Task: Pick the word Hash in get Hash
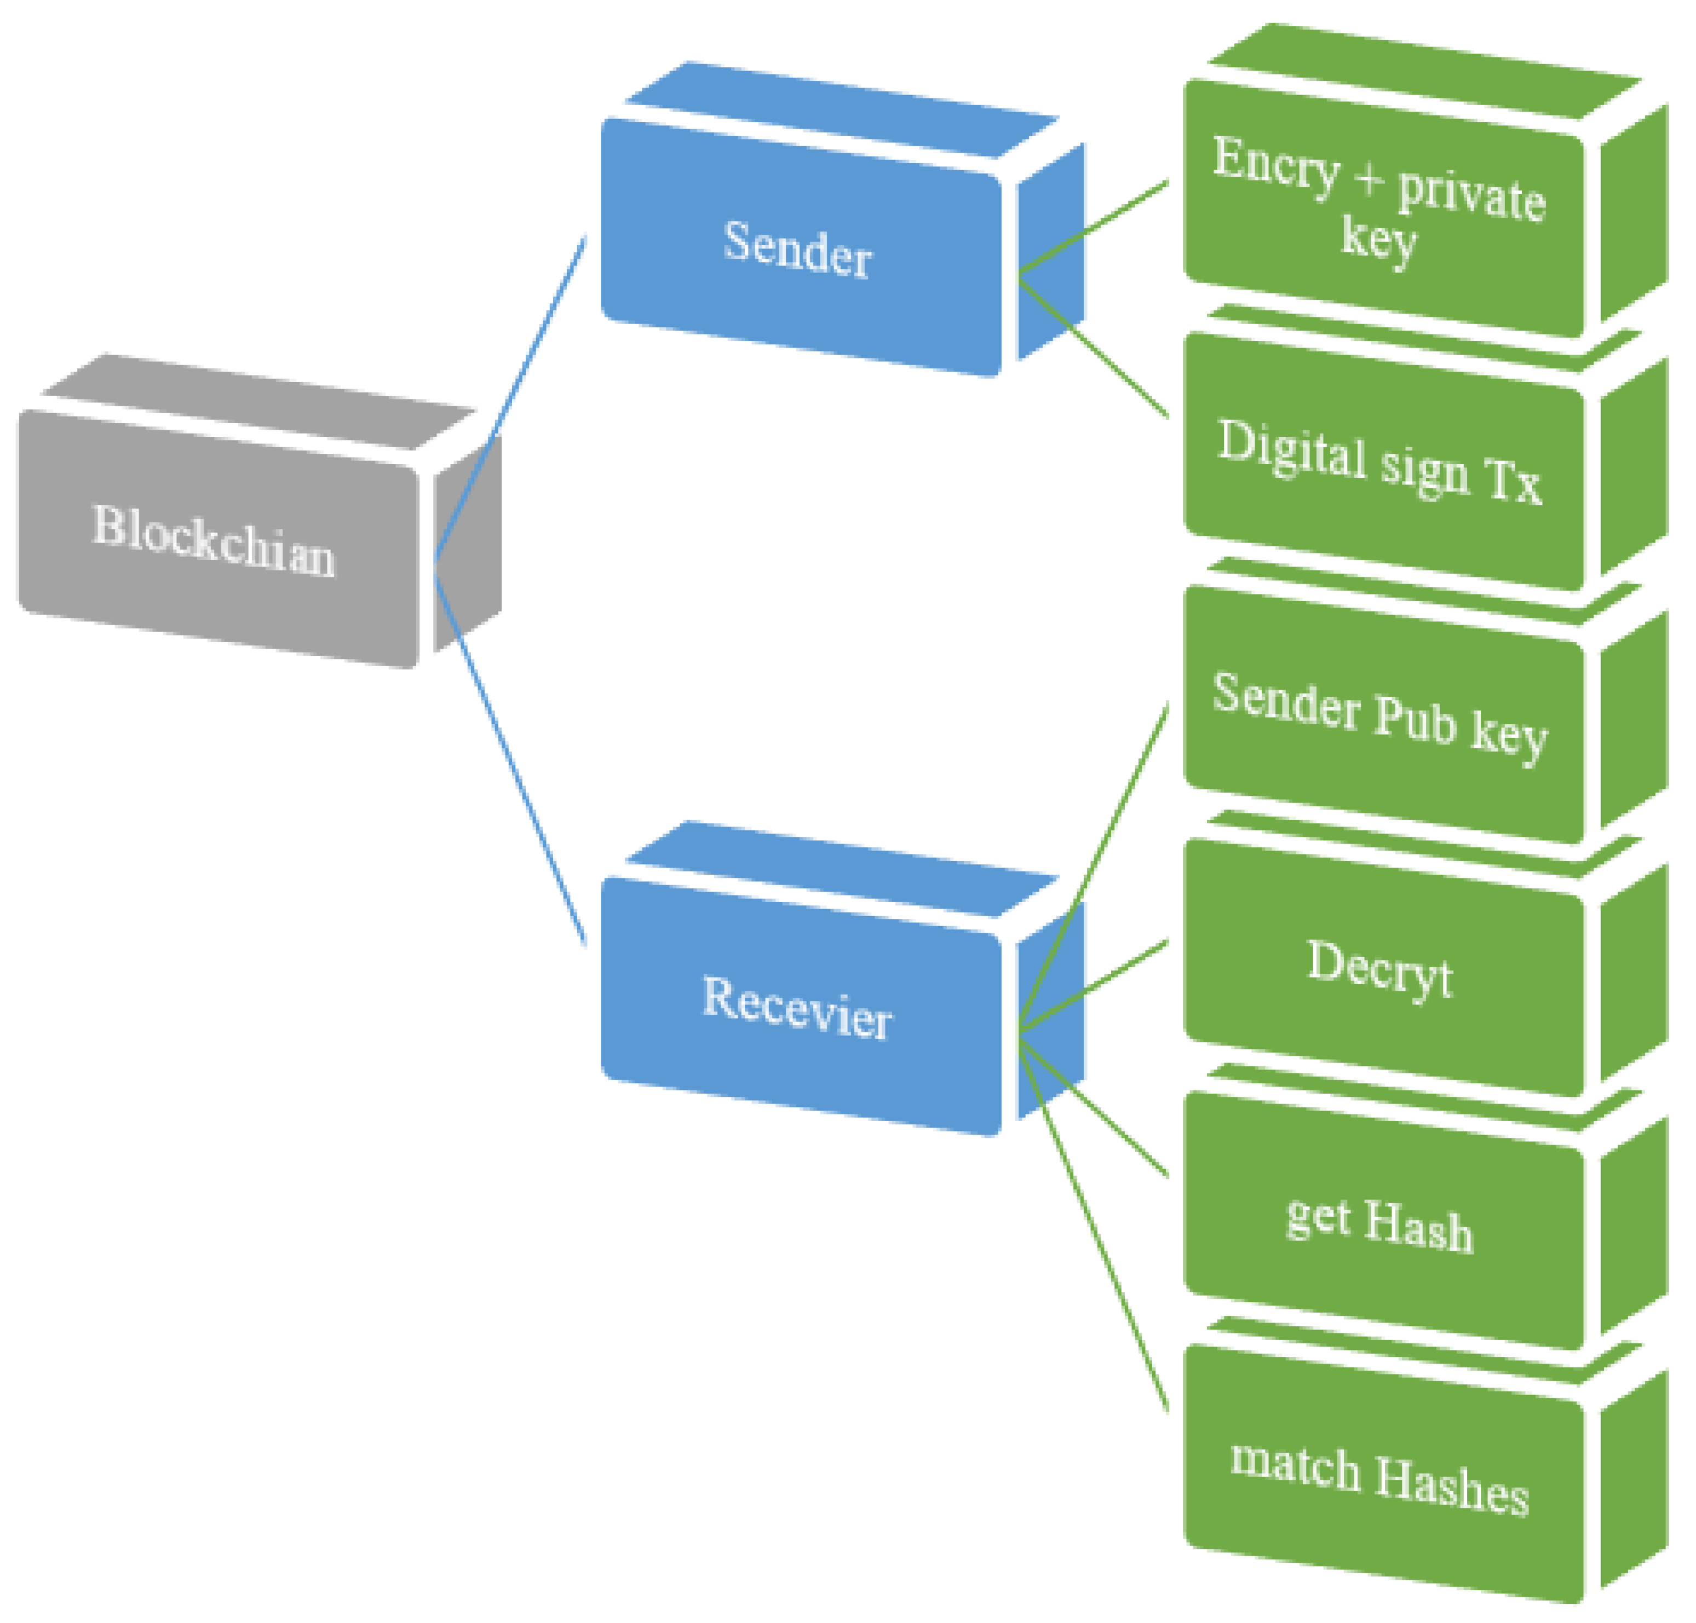point(1419,1228)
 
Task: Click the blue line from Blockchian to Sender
point(510,398)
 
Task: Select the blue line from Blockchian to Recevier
point(510,761)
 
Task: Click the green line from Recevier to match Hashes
point(1095,1228)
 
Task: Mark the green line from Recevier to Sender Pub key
point(1095,865)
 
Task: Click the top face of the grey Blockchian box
point(260,402)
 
